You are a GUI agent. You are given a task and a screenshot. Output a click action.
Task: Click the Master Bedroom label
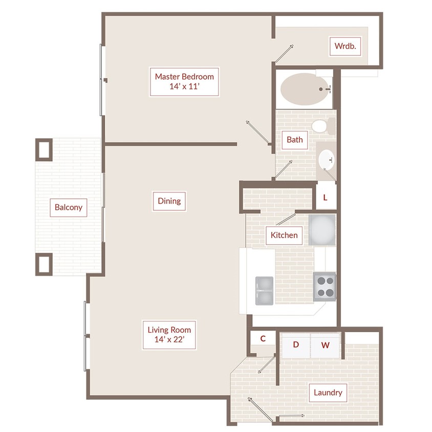tap(184, 81)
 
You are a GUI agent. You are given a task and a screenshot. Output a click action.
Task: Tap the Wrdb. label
tap(345, 46)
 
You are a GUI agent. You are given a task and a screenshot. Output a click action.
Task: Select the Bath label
tap(294, 140)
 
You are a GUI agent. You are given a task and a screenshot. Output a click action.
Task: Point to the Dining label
tap(169, 201)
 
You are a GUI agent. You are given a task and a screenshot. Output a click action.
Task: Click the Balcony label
tap(68, 207)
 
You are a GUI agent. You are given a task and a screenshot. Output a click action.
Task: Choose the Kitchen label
tap(284, 235)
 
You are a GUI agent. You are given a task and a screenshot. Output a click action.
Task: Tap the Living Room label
tap(169, 335)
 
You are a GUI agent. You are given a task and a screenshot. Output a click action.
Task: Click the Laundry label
tap(328, 393)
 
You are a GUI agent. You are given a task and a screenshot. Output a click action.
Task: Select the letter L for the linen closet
tap(326, 198)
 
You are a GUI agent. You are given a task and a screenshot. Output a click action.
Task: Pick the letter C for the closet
tap(263, 339)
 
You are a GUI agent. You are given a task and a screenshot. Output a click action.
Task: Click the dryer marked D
tap(296, 345)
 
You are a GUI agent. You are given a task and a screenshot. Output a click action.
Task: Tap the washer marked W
tap(326, 345)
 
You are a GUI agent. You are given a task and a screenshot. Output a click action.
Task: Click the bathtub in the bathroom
tap(305, 89)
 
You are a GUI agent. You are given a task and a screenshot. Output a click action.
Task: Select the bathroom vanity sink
tap(327, 160)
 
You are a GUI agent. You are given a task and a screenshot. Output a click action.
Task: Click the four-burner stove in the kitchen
tap(325, 287)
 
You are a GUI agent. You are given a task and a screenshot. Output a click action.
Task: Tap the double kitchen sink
tap(264, 291)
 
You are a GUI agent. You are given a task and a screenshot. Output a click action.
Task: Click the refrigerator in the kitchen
tap(322, 230)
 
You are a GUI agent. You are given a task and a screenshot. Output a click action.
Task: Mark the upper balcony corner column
tap(44, 150)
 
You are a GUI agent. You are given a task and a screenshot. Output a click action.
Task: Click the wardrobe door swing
tap(284, 53)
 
